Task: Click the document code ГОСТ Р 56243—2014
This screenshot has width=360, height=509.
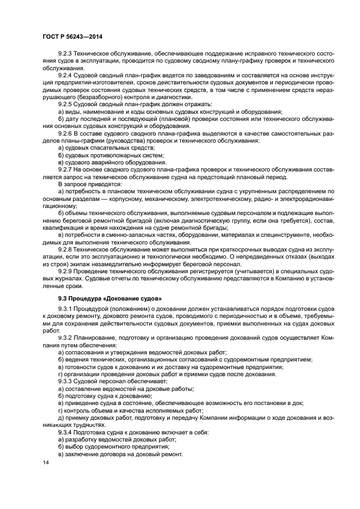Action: click(72, 36)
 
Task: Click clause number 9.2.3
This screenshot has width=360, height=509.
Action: click(66, 54)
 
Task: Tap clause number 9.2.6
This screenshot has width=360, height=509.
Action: click(66, 133)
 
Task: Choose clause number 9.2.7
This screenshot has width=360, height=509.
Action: click(66, 169)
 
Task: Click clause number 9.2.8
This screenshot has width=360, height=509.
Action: click(66, 248)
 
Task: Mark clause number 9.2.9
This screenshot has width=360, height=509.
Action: click(66, 271)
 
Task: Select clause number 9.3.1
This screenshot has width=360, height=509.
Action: click(66, 309)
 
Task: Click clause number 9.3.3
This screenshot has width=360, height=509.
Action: click(66, 381)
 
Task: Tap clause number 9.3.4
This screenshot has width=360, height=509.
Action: click(66, 432)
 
